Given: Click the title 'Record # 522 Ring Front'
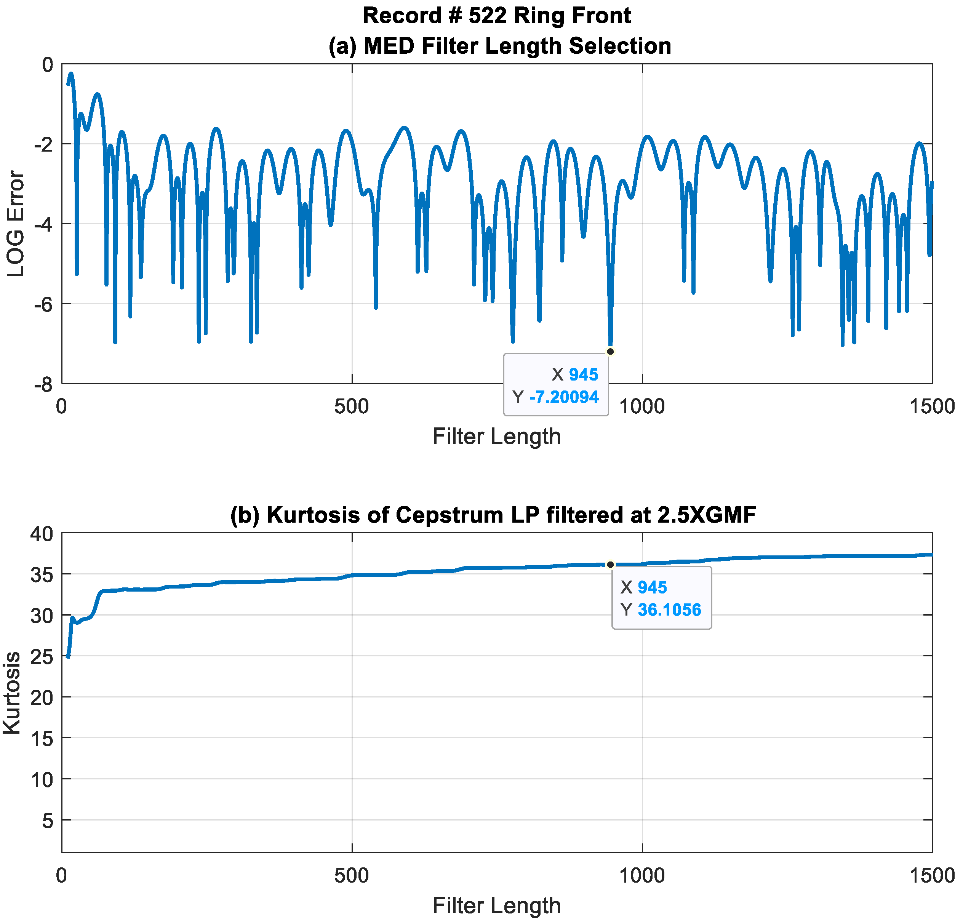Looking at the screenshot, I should point(496,16).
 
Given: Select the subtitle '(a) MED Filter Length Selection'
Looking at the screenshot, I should point(499,46).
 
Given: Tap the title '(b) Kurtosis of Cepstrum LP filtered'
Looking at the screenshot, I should point(493,515).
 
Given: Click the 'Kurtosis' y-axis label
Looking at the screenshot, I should point(12,693).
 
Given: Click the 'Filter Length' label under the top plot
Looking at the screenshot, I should point(496,436).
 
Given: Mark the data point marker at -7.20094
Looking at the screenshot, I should point(610,351).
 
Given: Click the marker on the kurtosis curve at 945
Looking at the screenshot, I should point(610,565).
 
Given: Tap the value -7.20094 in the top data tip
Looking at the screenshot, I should point(564,397).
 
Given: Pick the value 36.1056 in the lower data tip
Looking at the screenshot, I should point(669,609).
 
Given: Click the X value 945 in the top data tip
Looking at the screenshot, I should point(583,374).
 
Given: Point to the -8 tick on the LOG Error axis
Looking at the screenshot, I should point(43,385).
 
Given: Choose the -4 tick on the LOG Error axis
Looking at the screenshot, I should point(43,224).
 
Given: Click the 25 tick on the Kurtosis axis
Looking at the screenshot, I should point(42,656).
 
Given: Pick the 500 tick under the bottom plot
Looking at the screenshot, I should point(351,875).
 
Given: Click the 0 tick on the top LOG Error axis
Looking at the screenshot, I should point(48,64).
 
